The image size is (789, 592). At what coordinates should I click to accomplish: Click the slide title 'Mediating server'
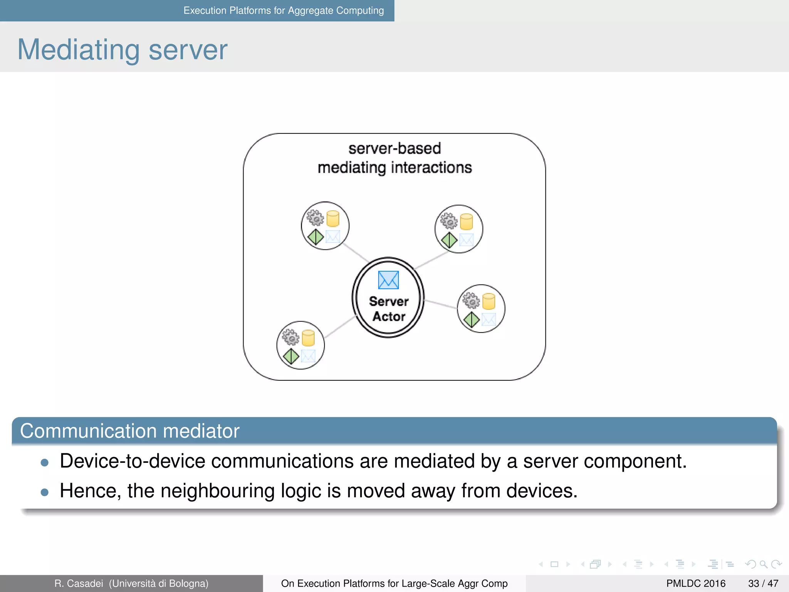pyautogui.click(x=123, y=50)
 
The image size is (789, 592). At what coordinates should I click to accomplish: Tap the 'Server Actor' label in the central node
pyautogui.click(x=389, y=309)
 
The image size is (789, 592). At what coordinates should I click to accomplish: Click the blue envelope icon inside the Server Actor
pyautogui.click(x=388, y=280)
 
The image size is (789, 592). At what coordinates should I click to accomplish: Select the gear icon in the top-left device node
pyautogui.click(x=316, y=218)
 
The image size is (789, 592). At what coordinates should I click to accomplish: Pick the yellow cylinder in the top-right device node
pyautogui.click(x=466, y=222)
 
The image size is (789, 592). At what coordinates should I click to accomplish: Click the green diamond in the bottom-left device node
pyautogui.click(x=291, y=356)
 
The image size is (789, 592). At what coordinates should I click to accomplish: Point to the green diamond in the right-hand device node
pyautogui.click(x=472, y=320)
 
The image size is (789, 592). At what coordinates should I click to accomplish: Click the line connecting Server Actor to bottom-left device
pyautogui.click(x=339, y=328)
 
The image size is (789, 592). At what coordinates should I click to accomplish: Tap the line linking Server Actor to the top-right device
pyautogui.click(x=431, y=261)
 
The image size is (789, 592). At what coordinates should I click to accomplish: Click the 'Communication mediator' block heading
pyautogui.click(x=130, y=431)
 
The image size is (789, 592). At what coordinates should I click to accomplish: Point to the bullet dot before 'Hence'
pyautogui.click(x=45, y=492)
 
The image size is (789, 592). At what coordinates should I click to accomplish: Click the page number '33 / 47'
pyautogui.click(x=763, y=584)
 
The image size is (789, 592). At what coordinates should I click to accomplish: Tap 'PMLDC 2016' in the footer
pyautogui.click(x=696, y=584)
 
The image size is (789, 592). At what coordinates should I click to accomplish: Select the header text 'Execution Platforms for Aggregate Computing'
pyautogui.click(x=284, y=10)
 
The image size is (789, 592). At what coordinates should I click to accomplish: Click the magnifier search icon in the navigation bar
pyautogui.click(x=763, y=564)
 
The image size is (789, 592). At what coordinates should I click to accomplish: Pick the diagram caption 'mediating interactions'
pyautogui.click(x=394, y=168)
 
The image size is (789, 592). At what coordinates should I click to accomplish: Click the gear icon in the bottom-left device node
pyautogui.click(x=291, y=337)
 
